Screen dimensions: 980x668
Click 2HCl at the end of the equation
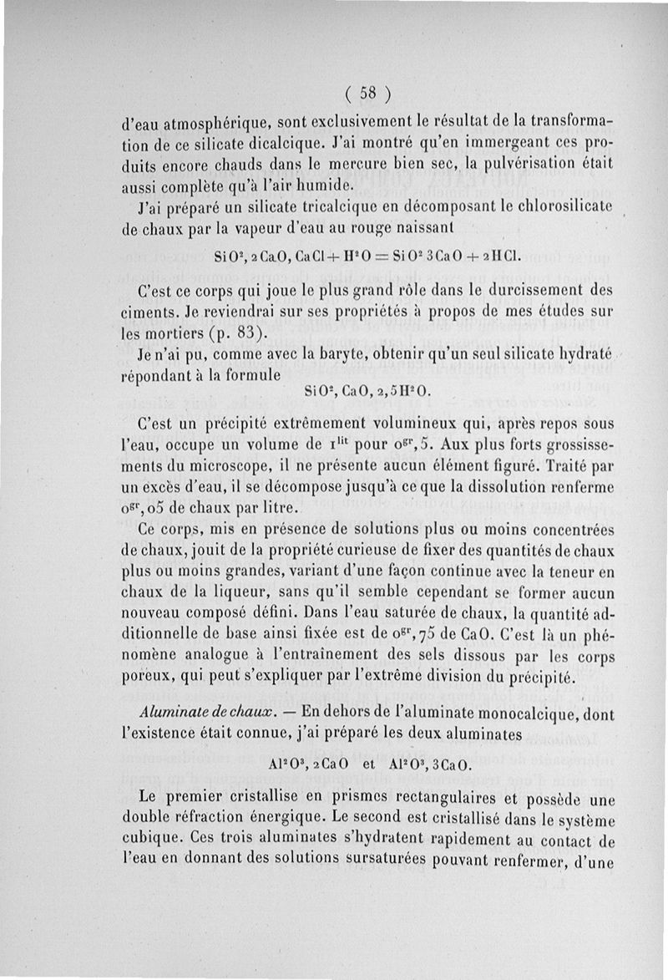pyautogui.click(x=498, y=255)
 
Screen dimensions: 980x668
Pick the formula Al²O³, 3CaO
pyautogui.click(x=429, y=764)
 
